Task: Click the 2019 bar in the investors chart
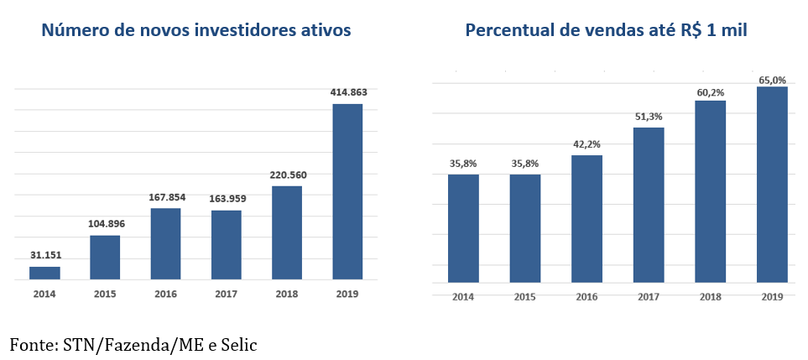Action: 347,191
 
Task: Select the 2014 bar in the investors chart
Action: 44,273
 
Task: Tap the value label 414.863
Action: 347,91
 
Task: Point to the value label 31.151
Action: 44,255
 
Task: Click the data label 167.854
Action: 166,197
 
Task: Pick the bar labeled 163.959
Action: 227,244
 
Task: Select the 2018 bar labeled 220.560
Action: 287,232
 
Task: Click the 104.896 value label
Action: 105,223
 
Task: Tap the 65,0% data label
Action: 772,80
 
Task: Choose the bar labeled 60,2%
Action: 711,191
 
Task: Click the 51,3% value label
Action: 649,117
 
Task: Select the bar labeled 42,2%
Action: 587,218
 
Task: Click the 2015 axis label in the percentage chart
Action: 524,297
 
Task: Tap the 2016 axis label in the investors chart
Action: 166,294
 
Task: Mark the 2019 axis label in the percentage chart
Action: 772,297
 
